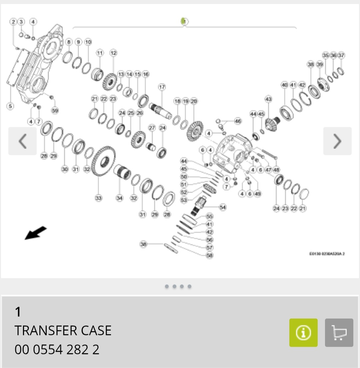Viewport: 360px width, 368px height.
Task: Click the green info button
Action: click(303, 333)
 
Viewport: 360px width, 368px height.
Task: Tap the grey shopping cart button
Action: click(339, 333)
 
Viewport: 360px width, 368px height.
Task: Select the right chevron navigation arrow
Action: click(337, 141)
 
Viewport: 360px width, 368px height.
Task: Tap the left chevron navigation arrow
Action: click(22, 141)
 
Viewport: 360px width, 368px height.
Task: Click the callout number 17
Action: click(162, 87)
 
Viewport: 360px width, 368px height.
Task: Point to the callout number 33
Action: click(98, 198)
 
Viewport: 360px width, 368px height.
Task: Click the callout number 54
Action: click(223, 207)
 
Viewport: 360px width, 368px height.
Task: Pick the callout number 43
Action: click(268, 99)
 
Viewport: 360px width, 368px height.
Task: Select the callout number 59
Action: click(55, 110)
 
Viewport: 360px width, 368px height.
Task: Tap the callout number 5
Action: click(11, 106)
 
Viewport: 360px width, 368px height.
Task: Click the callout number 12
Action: click(113, 53)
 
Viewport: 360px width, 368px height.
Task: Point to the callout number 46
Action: click(238, 121)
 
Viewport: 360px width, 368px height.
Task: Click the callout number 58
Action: click(210, 255)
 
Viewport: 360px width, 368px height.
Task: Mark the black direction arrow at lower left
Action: click(36, 233)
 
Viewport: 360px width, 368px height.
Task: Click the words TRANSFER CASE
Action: click(63, 331)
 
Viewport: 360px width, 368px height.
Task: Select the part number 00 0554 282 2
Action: click(57, 350)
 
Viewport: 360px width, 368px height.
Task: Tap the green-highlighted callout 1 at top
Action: click(184, 21)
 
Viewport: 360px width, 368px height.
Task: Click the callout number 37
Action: click(341, 55)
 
